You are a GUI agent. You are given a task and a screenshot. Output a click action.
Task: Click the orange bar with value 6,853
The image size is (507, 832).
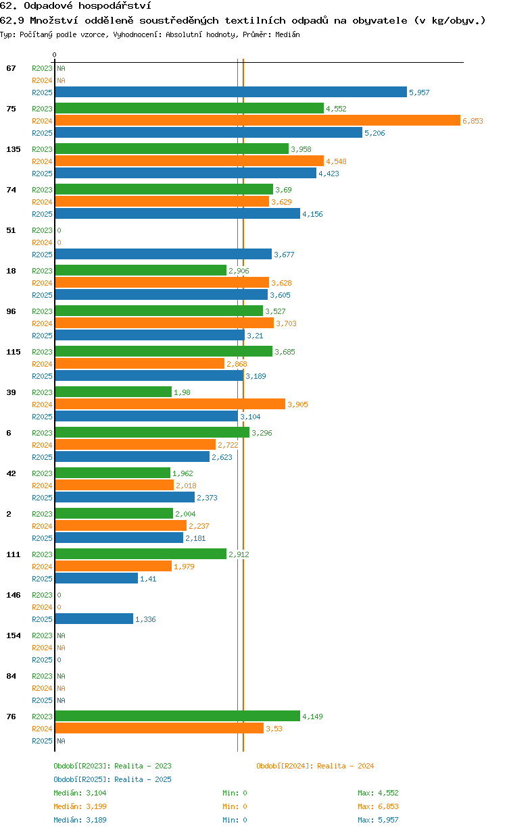tap(258, 120)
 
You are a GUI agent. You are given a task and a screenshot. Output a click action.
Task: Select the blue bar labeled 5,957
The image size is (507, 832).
tap(231, 92)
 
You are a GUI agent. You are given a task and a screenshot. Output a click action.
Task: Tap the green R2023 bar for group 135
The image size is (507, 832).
tap(172, 149)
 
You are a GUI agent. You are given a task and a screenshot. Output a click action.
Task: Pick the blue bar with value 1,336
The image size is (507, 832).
tap(94, 619)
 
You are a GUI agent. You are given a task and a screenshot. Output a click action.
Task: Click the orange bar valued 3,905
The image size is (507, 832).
tap(170, 404)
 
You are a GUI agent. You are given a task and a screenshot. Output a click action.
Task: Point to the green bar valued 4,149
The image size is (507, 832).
tap(177, 716)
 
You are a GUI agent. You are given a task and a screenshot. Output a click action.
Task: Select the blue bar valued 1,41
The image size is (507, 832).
tap(96, 578)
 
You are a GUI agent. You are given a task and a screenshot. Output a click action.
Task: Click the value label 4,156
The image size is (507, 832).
tap(312, 214)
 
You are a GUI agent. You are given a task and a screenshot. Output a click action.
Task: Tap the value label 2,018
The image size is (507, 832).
tap(186, 486)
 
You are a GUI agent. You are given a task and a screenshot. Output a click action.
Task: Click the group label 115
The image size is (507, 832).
tap(14, 352)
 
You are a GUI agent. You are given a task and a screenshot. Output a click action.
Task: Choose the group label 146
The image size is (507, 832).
tap(14, 595)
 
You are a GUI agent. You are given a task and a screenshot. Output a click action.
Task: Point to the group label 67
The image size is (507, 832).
tap(11, 68)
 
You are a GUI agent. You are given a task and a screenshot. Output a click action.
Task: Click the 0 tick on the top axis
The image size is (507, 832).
tap(54, 55)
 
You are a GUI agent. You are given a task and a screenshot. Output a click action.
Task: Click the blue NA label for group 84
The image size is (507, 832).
tap(61, 700)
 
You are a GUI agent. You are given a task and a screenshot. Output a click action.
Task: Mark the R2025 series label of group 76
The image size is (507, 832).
tap(42, 741)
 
